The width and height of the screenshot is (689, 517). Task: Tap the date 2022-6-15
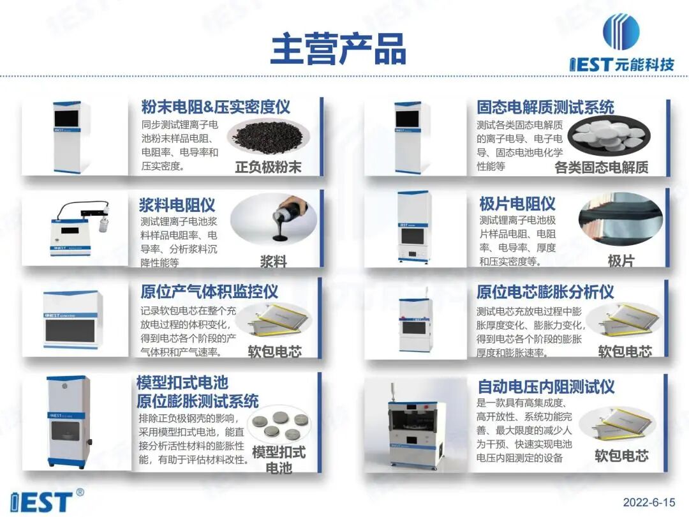(649, 502)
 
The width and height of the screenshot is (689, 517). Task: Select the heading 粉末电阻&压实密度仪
(216, 107)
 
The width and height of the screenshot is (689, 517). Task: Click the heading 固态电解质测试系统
(545, 107)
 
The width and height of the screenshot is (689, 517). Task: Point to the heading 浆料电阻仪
(177, 205)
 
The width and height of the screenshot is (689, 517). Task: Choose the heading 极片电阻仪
(517, 204)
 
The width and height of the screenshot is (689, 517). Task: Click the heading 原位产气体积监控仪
(209, 292)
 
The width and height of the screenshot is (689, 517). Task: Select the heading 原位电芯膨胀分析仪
(545, 292)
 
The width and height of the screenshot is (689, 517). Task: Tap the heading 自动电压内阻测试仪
(545, 386)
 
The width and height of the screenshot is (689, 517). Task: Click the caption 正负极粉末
(268, 167)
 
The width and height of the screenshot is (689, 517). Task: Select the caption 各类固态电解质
(601, 167)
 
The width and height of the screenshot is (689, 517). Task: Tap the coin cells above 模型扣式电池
(279, 424)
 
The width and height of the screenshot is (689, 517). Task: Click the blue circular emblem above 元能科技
(621, 32)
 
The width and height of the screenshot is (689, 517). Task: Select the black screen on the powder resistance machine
(66, 118)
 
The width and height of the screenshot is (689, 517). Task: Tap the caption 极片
(621, 261)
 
